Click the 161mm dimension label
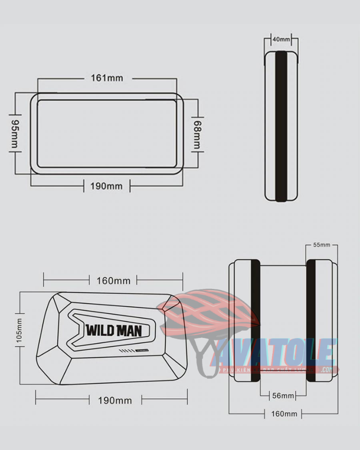[x=107, y=78]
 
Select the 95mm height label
[x=14, y=134]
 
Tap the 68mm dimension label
[x=197, y=134]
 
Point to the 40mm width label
[x=281, y=40]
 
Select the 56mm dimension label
[x=283, y=396]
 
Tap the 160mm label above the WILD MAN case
[x=113, y=281]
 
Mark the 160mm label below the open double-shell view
[x=284, y=414]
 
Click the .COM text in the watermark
[x=327, y=370]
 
